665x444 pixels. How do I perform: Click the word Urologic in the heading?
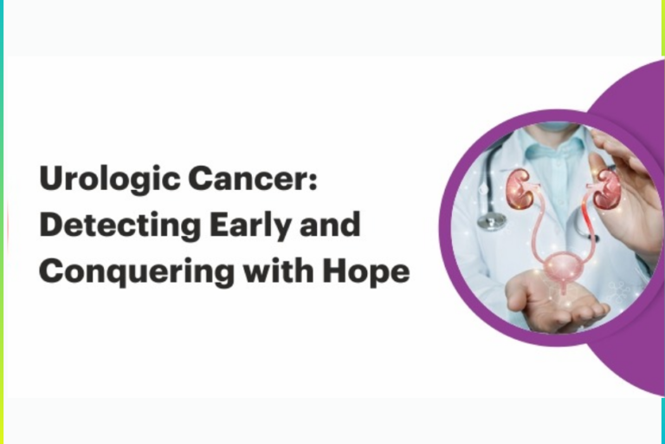click(97, 180)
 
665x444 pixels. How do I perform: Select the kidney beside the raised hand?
click(605, 188)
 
